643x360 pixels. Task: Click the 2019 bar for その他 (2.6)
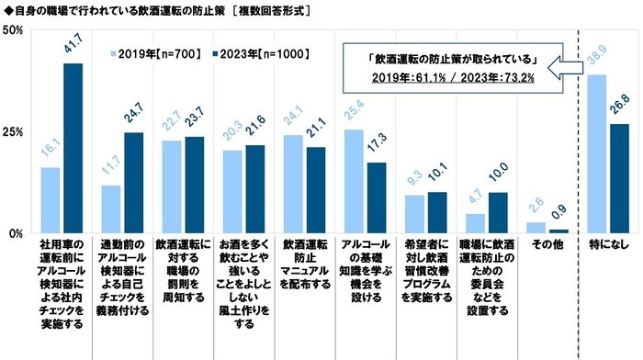(x=536, y=228)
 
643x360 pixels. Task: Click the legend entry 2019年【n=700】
(x=152, y=51)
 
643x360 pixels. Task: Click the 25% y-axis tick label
(x=13, y=132)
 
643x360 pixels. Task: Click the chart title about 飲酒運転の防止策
(x=156, y=9)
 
